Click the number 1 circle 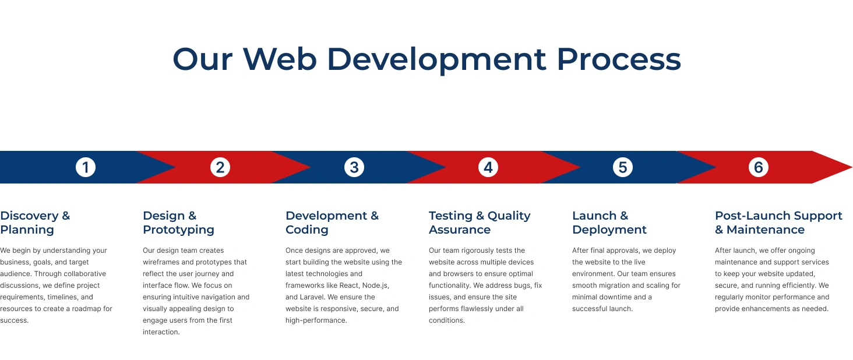pos(85,167)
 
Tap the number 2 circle pos(220,167)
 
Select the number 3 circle pos(354,167)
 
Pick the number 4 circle pos(488,167)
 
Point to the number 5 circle pos(623,167)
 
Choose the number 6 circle pos(758,167)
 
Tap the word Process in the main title pos(619,59)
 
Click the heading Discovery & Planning pos(35,223)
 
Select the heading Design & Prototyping pos(179,223)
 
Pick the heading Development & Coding pos(332,223)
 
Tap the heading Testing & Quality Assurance pos(480,223)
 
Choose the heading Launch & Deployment pos(609,223)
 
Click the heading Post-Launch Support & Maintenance pos(778,223)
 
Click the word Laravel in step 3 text pos(311,297)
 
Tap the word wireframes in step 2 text pos(161,262)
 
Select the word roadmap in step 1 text pos(86,309)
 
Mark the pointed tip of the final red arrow pos(852,167)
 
